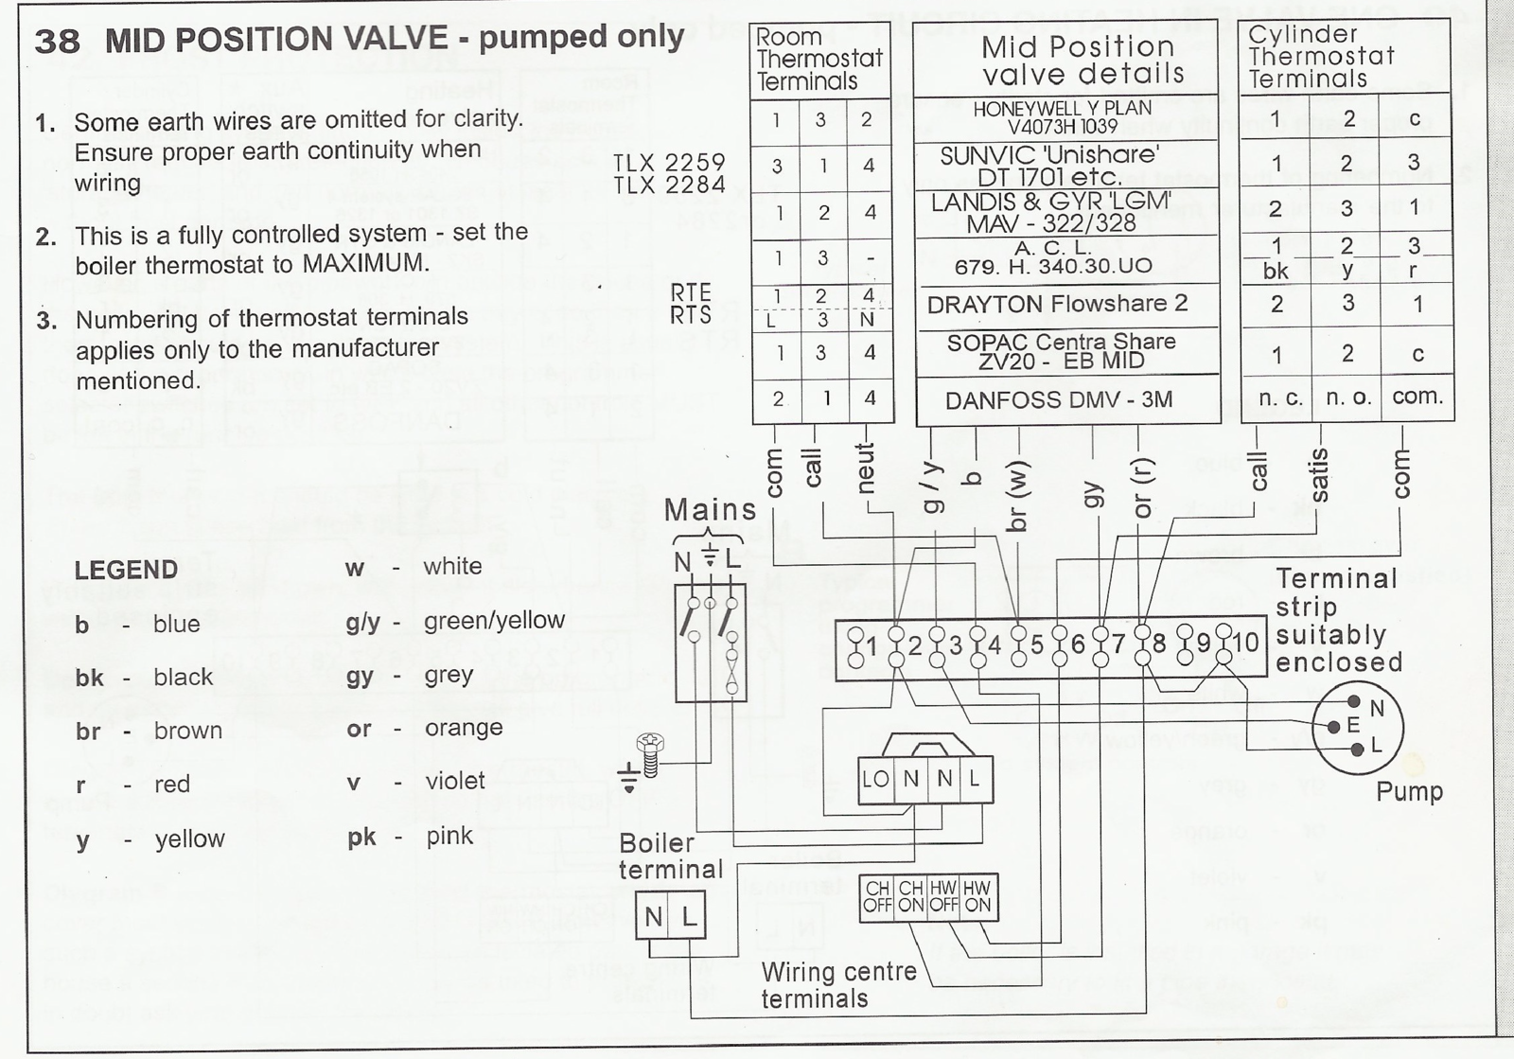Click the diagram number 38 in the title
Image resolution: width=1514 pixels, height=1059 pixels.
pyautogui.click(x=57, y=42)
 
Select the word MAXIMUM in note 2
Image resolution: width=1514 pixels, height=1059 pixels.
pyautogui.click(x=365, y=262)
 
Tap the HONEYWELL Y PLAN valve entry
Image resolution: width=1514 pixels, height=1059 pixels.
pyautogui.click(x=1062, y=117)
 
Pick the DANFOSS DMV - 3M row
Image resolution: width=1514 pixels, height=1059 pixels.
pyautogui.click(x=1059, y=400)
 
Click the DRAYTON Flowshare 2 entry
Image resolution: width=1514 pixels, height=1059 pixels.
pyautogui.click(x=1057, y=304)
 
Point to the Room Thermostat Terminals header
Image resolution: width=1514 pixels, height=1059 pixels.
pyautogui.click(x=819, y=59)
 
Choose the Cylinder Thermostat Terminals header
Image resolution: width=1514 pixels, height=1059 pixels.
pyautogui.click(x=1321, y=56)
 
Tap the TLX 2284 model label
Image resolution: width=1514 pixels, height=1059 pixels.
pyautogui.click(x=669, y=185)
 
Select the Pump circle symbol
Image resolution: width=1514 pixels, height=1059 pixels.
pyautogui.click(x=1357, y=727)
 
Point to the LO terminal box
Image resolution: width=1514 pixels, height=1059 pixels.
pyautogui.click(x=875, y=779)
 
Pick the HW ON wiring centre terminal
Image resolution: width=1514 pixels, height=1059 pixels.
pyautogui.click(x=977, y=897)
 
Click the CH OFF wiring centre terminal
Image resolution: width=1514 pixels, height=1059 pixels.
pyautogui.click(x=877, y=897)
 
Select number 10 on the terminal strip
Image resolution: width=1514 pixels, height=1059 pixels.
pyautogui.click(x=1244, y=642)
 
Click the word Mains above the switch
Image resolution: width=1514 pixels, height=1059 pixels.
pyautogui.click(x=711, y=509)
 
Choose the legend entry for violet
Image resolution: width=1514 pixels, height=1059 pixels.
pyautogui.click(x=415, y=782)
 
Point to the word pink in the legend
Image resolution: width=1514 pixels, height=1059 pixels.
pyautogui.click(x=449, y=836)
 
